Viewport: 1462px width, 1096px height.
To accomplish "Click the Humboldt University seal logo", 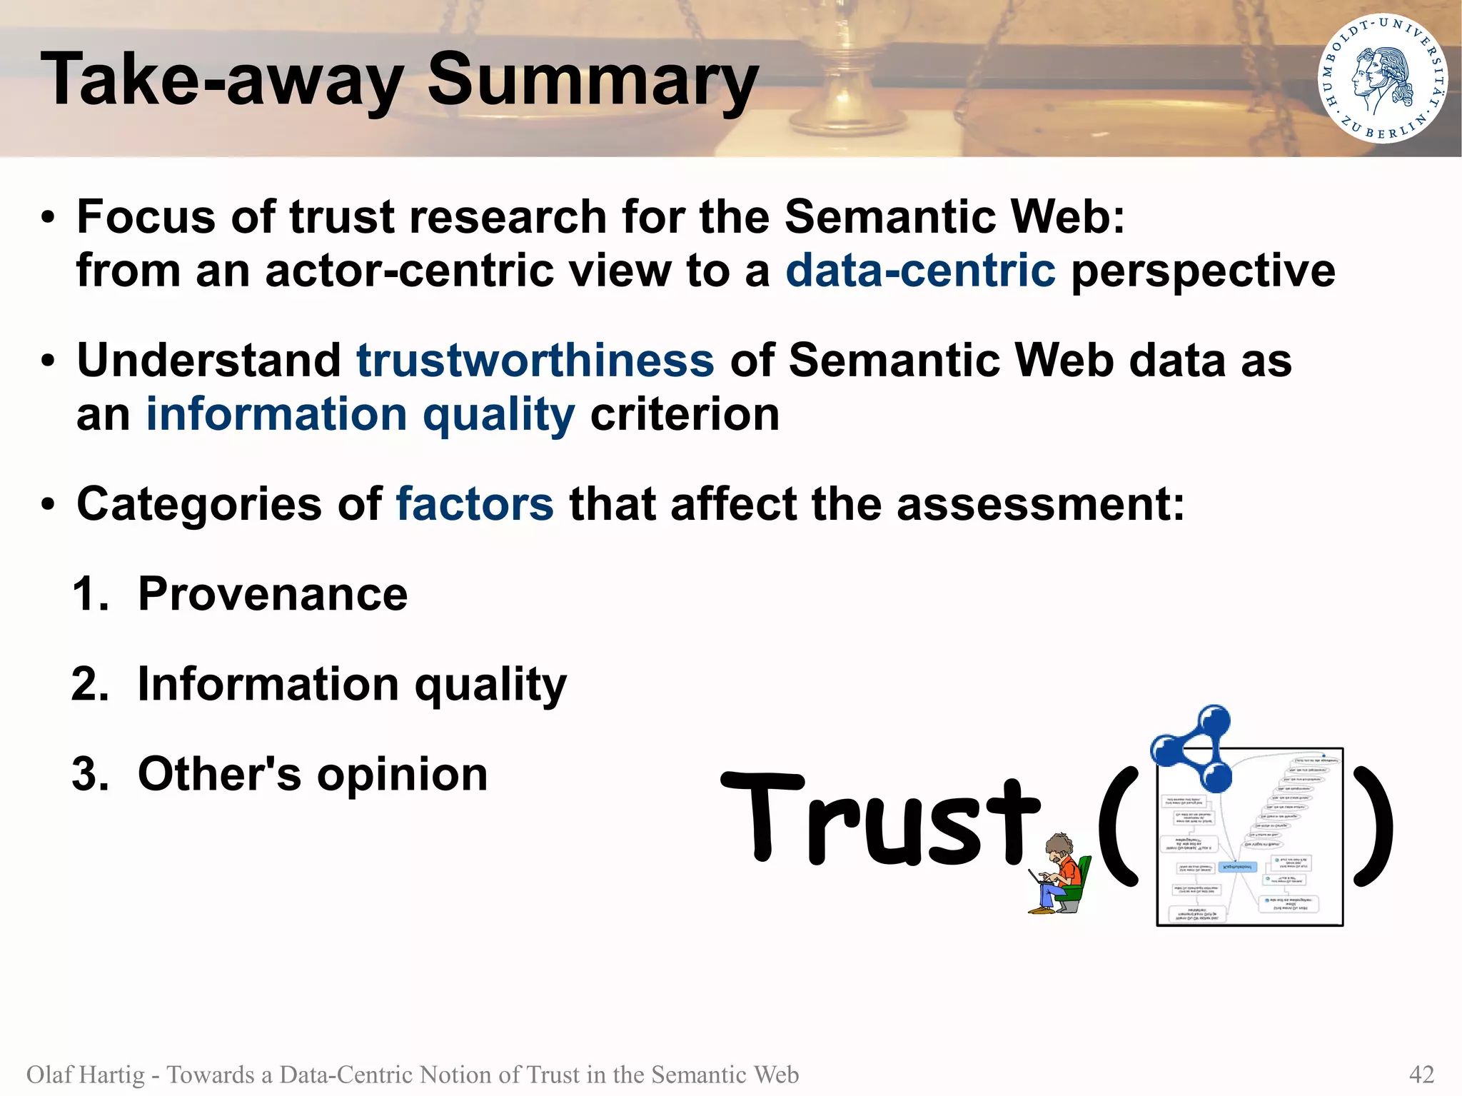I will (x=1382, y=79).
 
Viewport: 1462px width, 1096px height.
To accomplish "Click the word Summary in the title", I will (x=593, y=80).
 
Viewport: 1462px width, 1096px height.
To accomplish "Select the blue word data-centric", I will (x=920, y=271).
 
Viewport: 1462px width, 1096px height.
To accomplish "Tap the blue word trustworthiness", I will (x=535, y=360).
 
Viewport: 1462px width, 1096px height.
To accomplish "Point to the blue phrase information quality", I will (x=360, y=415).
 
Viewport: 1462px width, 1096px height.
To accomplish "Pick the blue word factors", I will (x=475, y=504).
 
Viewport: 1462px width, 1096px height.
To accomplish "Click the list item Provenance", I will (x=272, y=594).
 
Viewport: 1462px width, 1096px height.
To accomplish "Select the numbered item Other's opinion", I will (x=312, y=774).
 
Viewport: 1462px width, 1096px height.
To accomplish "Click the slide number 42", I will (x=1421, y=1074).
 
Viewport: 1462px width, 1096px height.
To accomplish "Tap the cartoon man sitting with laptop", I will (x=1060, y=875).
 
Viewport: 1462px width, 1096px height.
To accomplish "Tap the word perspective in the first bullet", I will (x=1203, y=271).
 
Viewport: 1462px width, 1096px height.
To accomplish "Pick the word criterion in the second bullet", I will (x=685, y=415).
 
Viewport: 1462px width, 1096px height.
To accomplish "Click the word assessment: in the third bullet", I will (x=1040, y=504).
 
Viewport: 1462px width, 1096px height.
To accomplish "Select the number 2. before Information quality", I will (x=90, y=684).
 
